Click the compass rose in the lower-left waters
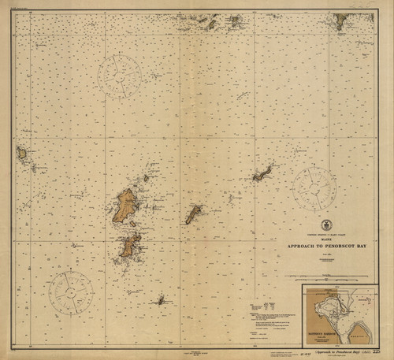click(x=71, y=289)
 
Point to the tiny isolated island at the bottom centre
click(x=160, y=299)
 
